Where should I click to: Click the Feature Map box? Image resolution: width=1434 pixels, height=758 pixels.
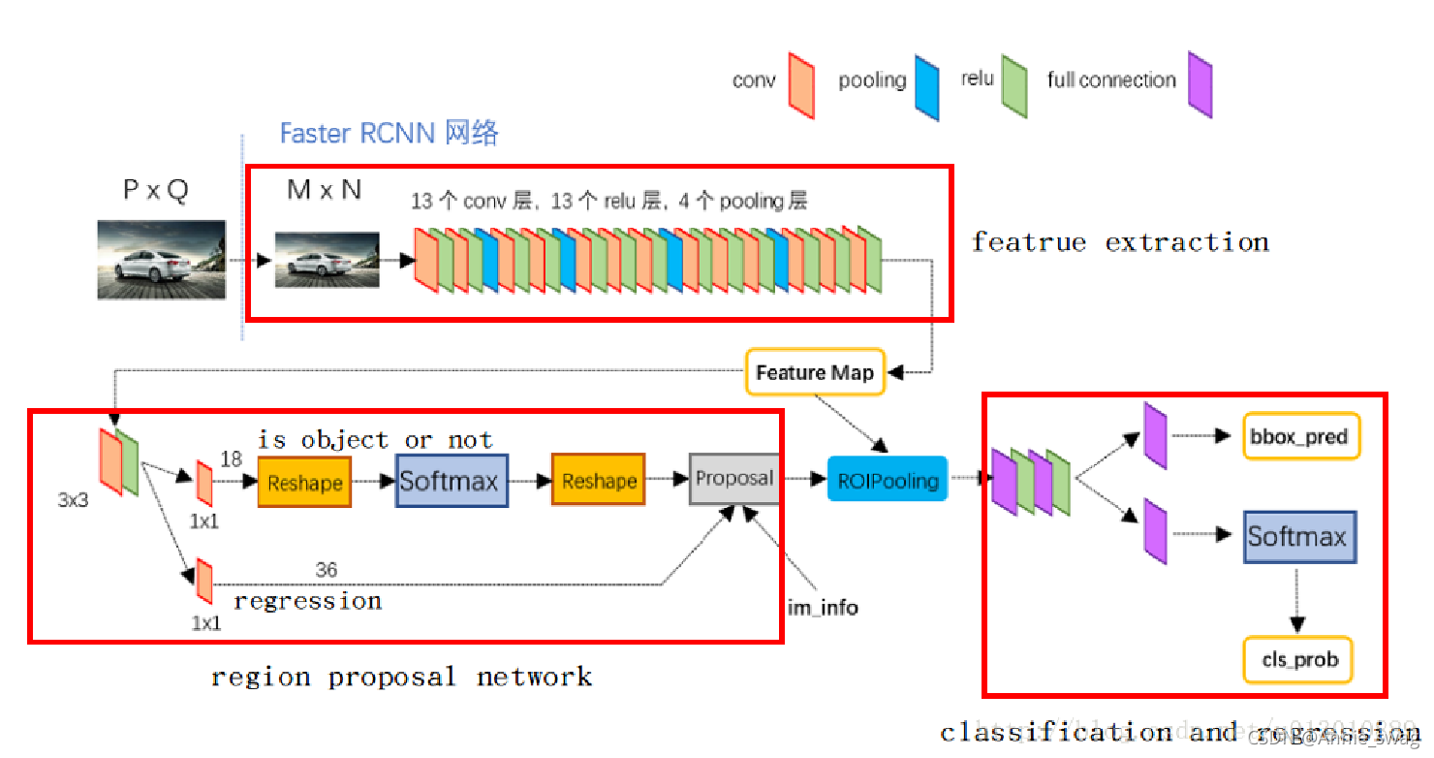click(815, 372)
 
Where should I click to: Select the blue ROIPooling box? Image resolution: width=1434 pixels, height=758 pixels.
click(887, 479)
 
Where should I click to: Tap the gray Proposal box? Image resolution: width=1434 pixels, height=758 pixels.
click(734, 478)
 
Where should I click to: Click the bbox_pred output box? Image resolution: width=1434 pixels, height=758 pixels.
click(1300, 436)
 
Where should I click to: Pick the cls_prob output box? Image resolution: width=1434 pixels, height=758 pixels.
click(1298, 660)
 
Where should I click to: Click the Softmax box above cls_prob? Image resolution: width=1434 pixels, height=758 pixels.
click(1298, 537)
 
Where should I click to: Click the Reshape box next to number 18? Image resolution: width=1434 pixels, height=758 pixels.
click(304, 482)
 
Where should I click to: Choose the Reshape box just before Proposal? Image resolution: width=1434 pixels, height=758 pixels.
click(599, 481)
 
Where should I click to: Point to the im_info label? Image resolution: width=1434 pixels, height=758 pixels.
click(823, 609)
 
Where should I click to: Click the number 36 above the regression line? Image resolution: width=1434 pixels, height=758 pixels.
click(327, 570)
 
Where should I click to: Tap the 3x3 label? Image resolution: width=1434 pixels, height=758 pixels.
click(74, 501)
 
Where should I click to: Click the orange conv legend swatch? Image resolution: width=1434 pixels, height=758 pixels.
click(802, 86)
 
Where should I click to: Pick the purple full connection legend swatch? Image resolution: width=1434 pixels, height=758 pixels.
click(1200, 85)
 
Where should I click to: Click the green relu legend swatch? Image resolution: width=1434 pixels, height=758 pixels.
click(1013, 86)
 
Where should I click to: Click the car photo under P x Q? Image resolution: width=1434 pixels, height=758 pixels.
click(161, 259)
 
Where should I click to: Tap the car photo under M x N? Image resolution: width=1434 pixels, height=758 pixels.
click(327, 259)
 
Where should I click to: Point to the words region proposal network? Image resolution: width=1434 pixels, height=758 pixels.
click(401, 677)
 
